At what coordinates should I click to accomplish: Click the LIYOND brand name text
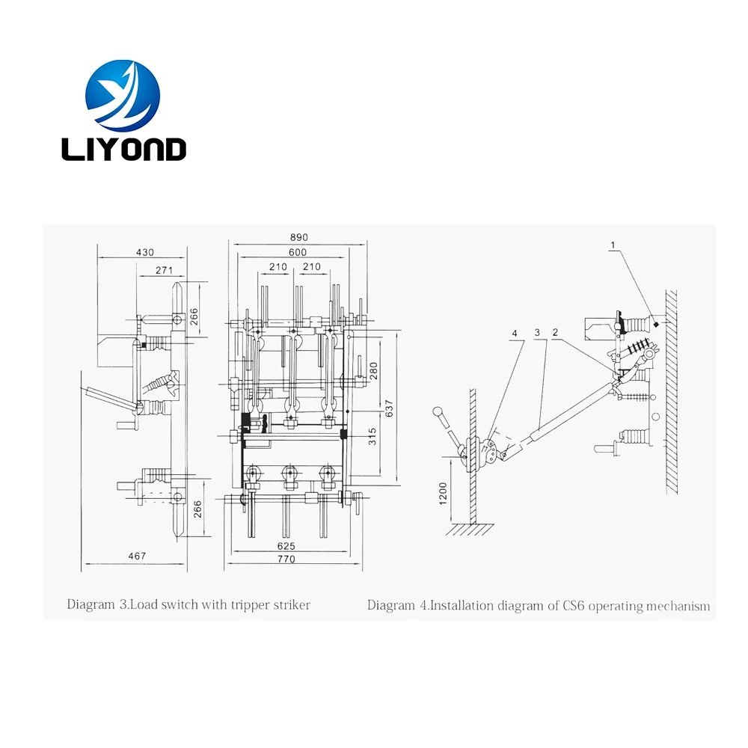[x=123, y=148]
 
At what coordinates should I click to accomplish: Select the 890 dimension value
[x=298, y=237]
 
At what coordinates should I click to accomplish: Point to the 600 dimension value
[x=298, y=252]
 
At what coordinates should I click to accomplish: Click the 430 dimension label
[x=145, y=252]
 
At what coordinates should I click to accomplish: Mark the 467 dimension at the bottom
[x=136, y=556]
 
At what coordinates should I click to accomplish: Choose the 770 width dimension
[x=286, y=559]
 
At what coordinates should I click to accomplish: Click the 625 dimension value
[x=286, y=545]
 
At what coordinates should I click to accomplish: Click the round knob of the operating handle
[x=437, y=411]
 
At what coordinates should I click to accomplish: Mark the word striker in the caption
[x=291, y=604]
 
